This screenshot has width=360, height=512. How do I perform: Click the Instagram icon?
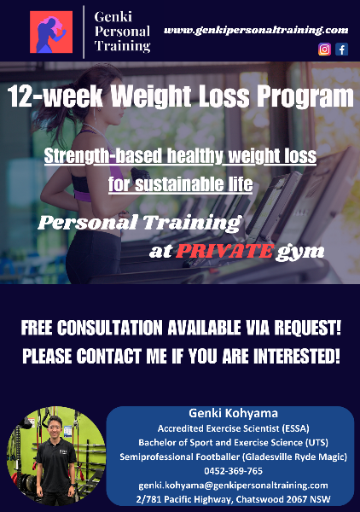(x=324, y=49)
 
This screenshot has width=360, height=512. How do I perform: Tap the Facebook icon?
(x=342, y=49)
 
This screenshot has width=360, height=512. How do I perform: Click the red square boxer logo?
(x=51, y=32)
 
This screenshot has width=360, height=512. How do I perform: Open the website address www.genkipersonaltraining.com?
(x=256, y=31)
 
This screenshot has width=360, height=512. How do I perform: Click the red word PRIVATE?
(x=224, y=252)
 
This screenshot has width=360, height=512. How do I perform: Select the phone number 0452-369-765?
(x=234, y=471)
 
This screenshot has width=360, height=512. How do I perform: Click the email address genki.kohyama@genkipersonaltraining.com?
(x=234, y=486)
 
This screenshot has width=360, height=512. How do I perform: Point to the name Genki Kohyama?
(x=234, y=413)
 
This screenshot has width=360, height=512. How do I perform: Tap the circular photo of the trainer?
(x=56, y=457)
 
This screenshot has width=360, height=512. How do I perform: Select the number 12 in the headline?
(x=20, y=96)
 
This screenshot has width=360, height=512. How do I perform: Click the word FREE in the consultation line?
(x=38, y=328)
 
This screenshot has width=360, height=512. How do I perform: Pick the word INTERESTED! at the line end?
(x=297, y=356)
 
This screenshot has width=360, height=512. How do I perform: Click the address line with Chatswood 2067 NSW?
(x=234, y=499)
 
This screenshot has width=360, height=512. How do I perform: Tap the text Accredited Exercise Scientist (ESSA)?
(x=234, y=428)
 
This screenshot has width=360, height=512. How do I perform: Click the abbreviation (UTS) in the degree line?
(x=316, y=442)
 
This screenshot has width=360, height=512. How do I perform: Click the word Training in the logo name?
(x=122, y=46)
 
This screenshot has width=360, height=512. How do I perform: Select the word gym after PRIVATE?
(x=300, y=253)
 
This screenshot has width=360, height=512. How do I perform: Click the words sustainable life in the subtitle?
(x=194, y=184)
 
